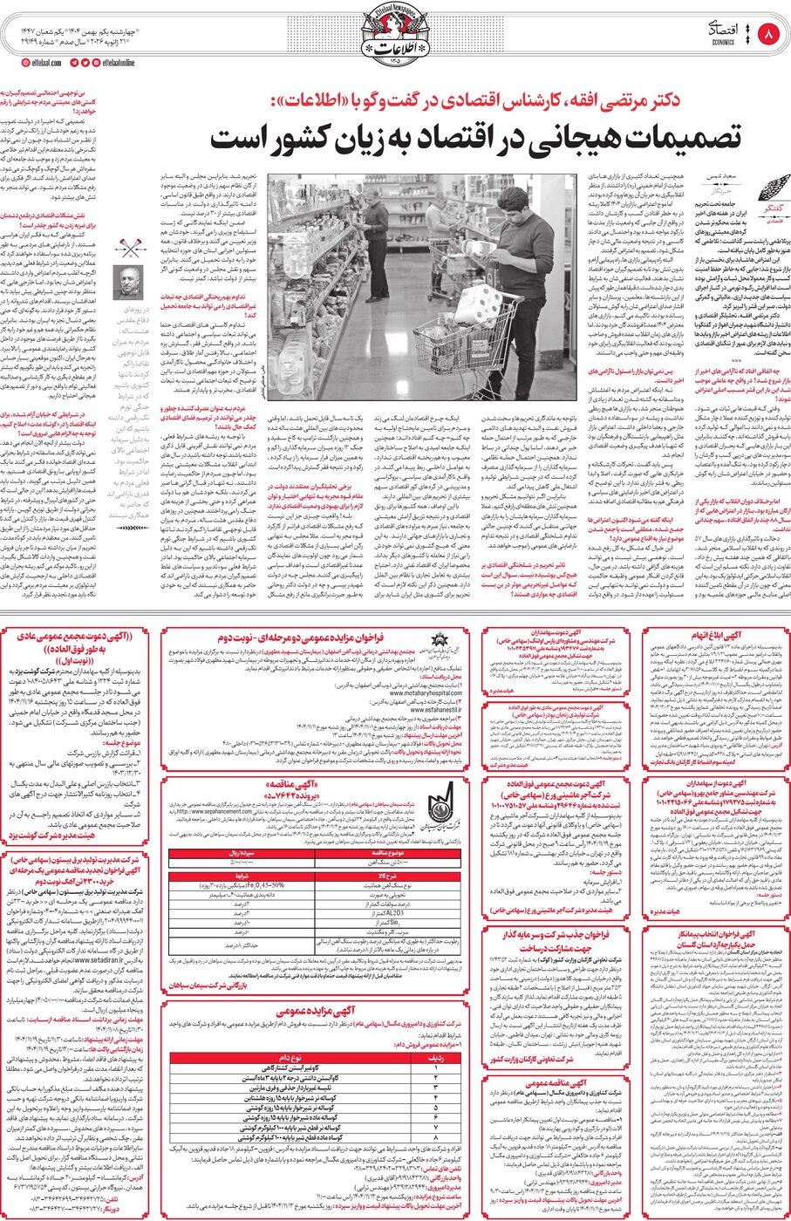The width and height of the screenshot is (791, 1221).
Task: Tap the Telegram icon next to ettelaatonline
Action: (85, 63)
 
